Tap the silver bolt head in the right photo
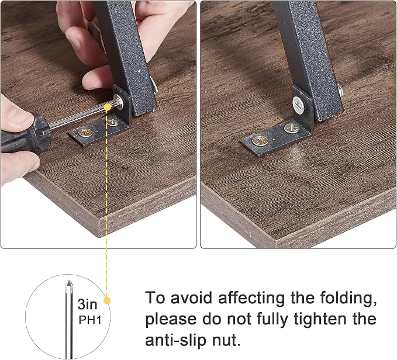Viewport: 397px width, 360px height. pyautogui.click(x=299, y=103)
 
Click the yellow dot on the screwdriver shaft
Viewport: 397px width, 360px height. pyautogui.click(x=107, y=108)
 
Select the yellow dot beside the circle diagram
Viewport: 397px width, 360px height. pyautogui.click(x=107, y=300)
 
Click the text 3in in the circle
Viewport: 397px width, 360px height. pyautogui.click(x=87, y=304)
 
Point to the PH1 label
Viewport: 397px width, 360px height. pyautogui.click(x=90, y=320)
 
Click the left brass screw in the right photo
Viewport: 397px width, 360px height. pyautogui.click(x=260, y=141)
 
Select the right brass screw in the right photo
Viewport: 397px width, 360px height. pyautogui.click(x=291, y=128)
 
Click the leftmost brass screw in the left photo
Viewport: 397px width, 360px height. pyautogui.click(x=85, y=132)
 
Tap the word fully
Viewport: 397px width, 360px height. pyautogui.click(x=272, y=320)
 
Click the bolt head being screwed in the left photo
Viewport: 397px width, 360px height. pyautogui.click(x=118, y=101)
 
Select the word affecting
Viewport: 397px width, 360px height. pyautogui.click(x=251, y=299)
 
